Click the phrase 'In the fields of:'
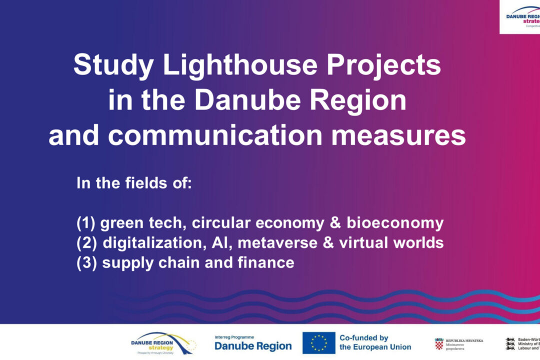pos(134,183)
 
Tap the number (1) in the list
pos(86,223)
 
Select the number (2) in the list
pos(86,243)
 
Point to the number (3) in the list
pos(86,263)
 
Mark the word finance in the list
pos(269,263)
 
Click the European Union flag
pos(318,343)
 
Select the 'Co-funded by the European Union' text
pos(375,342)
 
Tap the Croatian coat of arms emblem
pos(439,344)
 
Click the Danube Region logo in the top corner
pos(522,17)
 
